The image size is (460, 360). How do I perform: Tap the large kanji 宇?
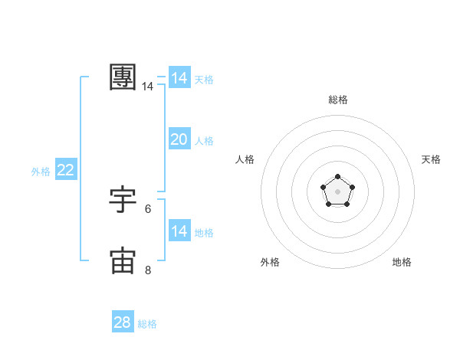(x=123, y=199)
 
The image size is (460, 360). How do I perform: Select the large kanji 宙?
(x=123, y=260)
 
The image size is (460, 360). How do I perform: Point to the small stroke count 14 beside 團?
(x=147, y=87)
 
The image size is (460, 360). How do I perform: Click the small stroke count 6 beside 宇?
(x=147, y=209)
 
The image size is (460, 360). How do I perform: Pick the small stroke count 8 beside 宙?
(x=147, y=270)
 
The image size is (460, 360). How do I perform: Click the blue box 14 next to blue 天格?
(x=179, y=78)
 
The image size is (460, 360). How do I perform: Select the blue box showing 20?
(x=179, y=139)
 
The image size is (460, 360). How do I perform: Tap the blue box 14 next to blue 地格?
(x=179, y=231)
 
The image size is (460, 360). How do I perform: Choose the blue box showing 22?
(x=66, y=170)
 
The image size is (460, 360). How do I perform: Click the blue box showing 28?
(x=123, y=322)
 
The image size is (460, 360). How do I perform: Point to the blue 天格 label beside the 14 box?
(x=204, y=80)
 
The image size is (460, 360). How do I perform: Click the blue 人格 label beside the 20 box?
(x=204, y=141)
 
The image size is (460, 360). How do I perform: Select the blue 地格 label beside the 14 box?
(x=204, y=233)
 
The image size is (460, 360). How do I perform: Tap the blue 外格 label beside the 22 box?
(x=41, y=172)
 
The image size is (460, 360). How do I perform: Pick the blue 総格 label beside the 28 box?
(x=147, y=325)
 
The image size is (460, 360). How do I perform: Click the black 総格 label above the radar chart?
(x=338, y=100)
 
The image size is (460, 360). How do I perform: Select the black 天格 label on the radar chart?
(x=431, y=159)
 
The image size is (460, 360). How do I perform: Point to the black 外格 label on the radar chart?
(x=270, y=262)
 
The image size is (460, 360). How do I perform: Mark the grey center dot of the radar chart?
(x=338, y=191)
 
